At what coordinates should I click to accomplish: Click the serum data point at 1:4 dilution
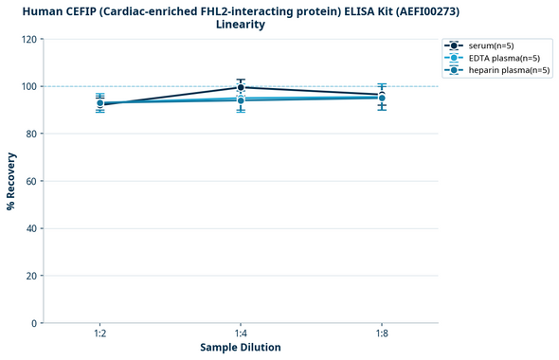click(x=241, y=87)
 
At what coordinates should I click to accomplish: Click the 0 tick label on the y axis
click(x=34, y=323)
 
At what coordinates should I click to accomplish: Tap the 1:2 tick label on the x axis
click(x=100, y=334)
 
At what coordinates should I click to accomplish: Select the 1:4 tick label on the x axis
click(x=241, y=334)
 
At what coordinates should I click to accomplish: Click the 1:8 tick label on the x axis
click(x=381, y=334)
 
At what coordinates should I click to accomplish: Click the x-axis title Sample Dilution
click(x=241, y=348)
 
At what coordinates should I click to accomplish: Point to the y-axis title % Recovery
click(x=11, y=181)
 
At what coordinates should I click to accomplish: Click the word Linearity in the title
click(x=241, y=25)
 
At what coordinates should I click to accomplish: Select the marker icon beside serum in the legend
click(x=455, y=45)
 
